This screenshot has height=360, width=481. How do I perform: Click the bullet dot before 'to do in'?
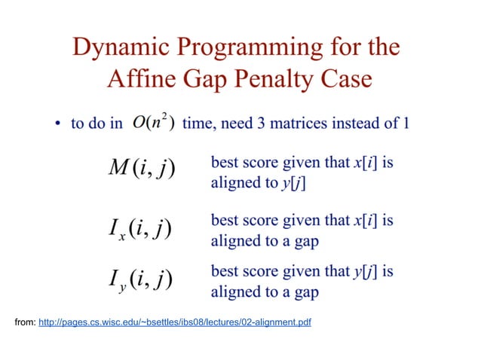click(x=57, y=124)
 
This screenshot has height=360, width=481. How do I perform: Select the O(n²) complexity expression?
click(x=153, y=123)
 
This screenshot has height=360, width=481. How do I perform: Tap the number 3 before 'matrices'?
click(x=289, y=124)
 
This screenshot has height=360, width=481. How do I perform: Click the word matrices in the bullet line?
click(x=322, y=124)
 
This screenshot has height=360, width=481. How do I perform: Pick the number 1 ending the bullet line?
click(x=406, y=124)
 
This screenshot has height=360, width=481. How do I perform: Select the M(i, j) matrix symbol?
click(x=140, y=169)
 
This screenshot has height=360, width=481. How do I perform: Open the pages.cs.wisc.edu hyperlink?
click(x=174, y=322)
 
